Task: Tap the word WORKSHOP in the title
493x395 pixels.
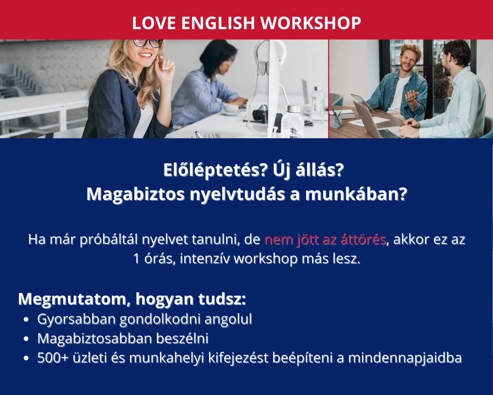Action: tap(311, 23)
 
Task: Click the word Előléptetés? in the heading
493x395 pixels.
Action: tap(216, 170)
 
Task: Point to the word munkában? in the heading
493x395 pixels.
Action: tap(356, 194)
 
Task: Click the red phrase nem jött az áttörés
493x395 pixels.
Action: tap(325, 239)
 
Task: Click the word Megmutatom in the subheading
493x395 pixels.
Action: tap(72, 299)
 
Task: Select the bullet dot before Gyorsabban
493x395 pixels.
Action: tap(26, 320)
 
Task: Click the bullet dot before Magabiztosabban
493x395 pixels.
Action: tap(26, 339)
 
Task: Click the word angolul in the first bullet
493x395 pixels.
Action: tap(228, 319)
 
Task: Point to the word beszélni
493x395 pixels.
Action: tap(182, 338)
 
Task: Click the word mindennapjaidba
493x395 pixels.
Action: tap(405, 358)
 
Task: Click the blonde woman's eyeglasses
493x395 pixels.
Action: tap(148, 43)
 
